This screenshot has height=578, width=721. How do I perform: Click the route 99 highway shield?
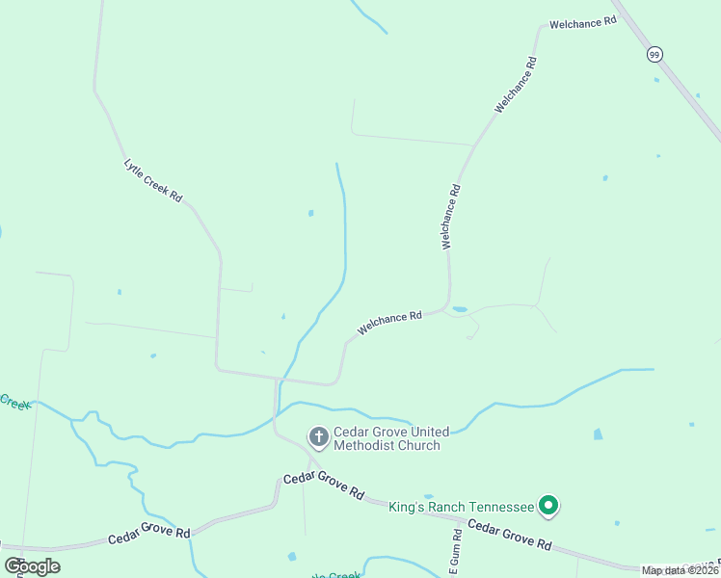(x=654, y=54)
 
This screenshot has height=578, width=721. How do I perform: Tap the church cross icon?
(x=318, y=438)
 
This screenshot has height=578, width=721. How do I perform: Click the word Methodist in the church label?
(x=367, y=445)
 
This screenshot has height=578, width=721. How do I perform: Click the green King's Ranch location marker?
(x=548, y=505)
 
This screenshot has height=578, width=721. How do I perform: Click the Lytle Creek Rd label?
(x=153, y=180)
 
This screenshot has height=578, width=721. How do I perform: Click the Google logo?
(x=32, y=566)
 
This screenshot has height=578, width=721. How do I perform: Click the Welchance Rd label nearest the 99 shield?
(x=582, y=22)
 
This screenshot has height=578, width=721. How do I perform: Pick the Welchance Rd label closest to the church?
(x=389, y=322)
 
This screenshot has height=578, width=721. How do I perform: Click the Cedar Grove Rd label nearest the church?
(x=324, y=486)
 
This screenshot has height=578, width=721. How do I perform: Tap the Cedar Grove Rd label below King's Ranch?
(x=510, y=536)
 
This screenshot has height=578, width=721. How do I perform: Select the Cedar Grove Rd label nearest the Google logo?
(x=148, y=532)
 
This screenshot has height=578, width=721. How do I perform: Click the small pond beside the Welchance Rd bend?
(x=460, y=309)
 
